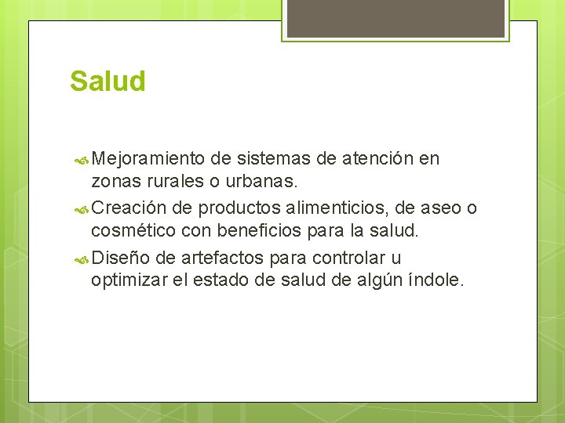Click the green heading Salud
(108, 81)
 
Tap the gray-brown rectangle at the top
(395, 19)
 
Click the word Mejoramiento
(148, 159)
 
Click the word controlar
(348, 257)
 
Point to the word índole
(435, 280)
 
